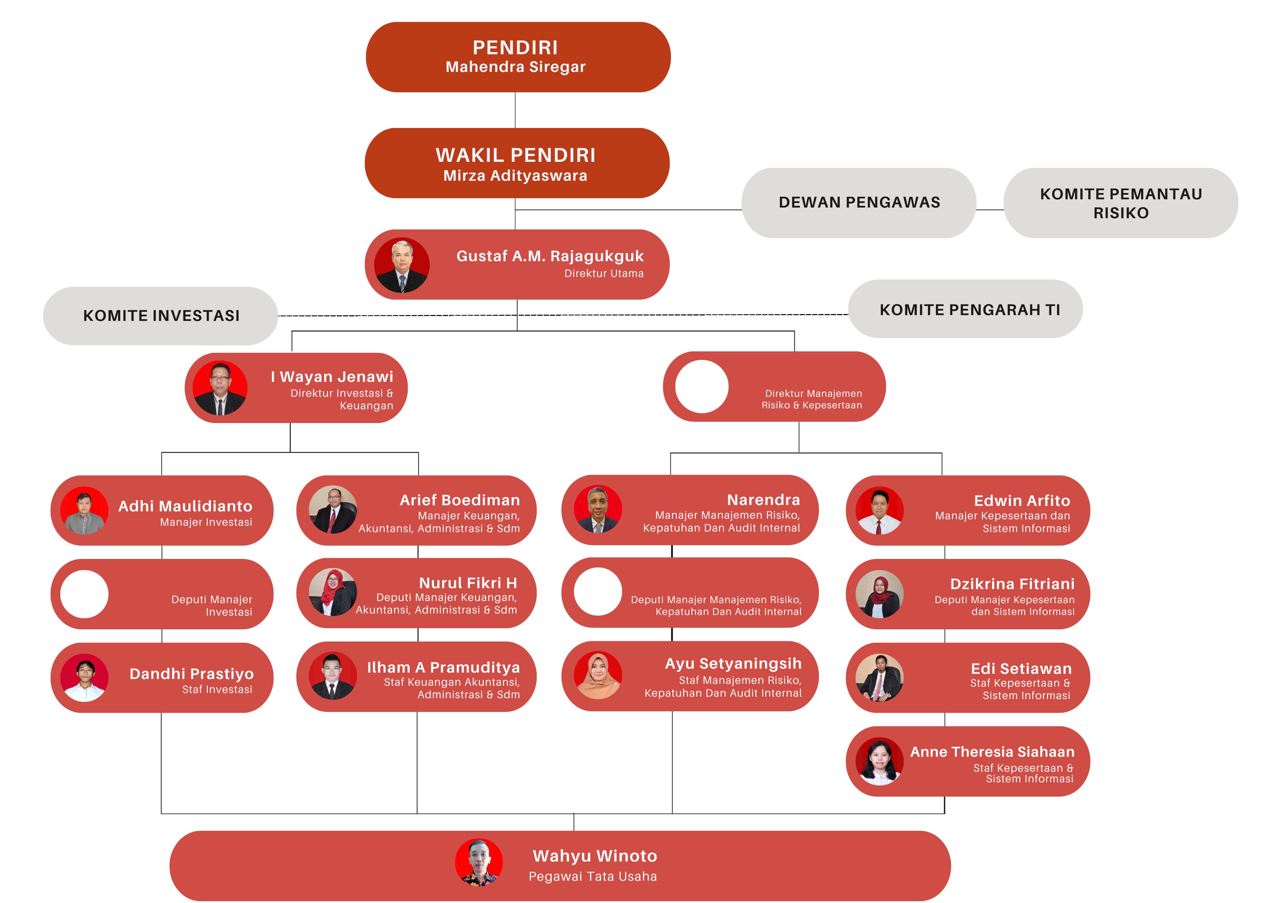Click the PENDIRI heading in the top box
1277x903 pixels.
coord(515,48)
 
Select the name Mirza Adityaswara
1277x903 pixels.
coord(515,176)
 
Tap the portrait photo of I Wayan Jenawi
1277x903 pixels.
coord(220,388)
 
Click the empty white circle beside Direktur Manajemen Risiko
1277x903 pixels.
coord(701,386)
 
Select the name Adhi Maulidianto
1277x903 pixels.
coord(185,506)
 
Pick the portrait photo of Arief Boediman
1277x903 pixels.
coord(333,510)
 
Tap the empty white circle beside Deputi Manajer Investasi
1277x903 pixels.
coord(84,594)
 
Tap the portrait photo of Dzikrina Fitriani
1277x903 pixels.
coord(879,594)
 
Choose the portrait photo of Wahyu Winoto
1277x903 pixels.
coord(479,862)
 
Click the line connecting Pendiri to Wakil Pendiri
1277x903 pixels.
coord(515,110)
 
